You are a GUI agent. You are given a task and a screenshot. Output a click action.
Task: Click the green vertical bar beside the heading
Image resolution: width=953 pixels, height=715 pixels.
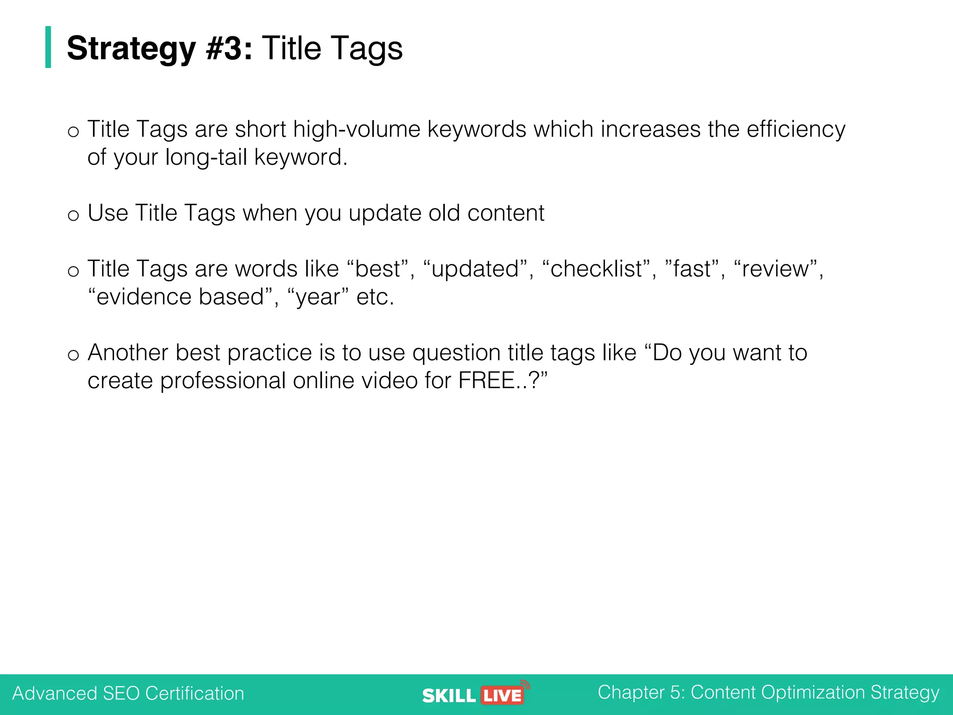point(48,47)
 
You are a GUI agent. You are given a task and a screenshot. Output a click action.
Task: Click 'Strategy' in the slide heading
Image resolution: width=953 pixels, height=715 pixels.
point(131,49)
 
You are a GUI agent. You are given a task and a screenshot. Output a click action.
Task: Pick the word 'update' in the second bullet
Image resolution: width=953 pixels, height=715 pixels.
point(385,214)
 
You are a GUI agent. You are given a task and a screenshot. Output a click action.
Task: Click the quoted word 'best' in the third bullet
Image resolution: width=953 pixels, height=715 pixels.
point(377,269)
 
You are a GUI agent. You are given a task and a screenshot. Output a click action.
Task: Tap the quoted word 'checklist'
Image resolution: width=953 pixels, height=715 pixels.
point(596,269)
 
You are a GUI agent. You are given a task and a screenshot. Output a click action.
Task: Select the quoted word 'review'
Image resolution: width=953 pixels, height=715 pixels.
point(775,269)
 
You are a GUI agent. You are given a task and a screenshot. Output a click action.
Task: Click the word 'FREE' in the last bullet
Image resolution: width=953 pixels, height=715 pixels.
point(486,381)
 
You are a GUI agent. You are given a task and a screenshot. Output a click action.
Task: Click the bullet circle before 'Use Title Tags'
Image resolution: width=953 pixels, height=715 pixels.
point(73,216)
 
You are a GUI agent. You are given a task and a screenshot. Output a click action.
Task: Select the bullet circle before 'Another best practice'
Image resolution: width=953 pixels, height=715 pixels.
point(73,355)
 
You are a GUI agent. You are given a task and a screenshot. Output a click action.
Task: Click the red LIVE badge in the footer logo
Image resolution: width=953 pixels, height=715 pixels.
point(502,695)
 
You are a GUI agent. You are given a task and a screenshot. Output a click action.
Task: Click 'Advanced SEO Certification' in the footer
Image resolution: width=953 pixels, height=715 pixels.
point(128,694)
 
